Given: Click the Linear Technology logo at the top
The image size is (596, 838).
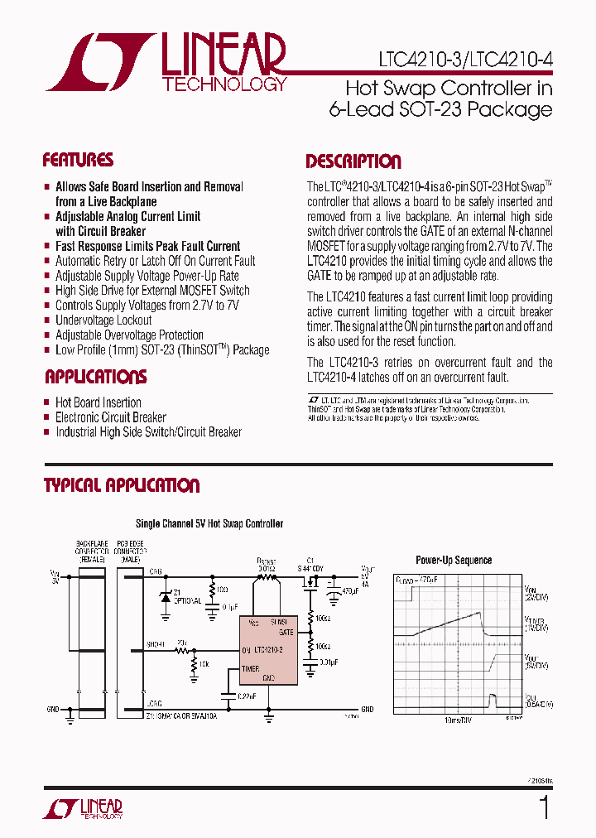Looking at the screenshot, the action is point(166,62).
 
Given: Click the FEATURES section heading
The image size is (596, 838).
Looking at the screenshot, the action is point(78,161).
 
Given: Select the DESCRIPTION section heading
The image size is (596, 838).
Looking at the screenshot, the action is point(353,162).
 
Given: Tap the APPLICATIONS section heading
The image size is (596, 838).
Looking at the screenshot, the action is point(95,378).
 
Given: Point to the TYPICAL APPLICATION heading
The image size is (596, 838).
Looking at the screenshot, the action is point(122,486).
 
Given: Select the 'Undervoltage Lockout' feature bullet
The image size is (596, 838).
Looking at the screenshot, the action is point(103,320).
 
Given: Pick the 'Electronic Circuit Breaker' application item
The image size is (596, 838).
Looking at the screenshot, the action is point(110,417).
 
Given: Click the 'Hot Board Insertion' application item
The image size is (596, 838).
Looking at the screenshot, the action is point(98,402).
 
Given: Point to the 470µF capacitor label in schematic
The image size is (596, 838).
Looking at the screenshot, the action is point(352,591).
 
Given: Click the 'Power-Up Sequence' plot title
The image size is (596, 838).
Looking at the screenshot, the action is point(454,561).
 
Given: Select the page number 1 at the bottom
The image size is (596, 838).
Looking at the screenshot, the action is point(543,807).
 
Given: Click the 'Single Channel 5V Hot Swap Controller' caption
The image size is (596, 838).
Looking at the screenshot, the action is point(209,524).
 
